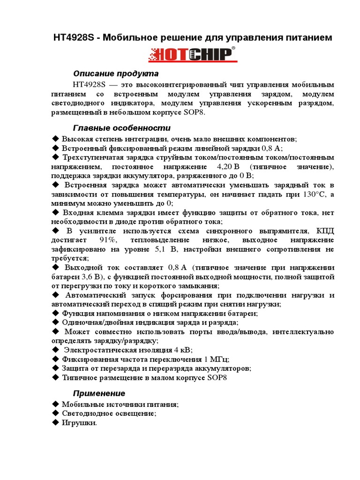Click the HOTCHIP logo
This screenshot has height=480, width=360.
tap(190, 55)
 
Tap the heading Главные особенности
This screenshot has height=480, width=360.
tap(122, 128)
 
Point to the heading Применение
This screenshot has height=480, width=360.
tap(99, 393)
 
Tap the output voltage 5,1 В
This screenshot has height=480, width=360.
tap(164, 249)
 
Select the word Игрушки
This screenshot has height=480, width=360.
tap(79, 423)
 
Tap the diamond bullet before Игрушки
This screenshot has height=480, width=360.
tap(55, 422)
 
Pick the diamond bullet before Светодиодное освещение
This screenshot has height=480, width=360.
tap(55, 413)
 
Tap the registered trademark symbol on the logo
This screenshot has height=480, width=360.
tap(233, 48)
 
